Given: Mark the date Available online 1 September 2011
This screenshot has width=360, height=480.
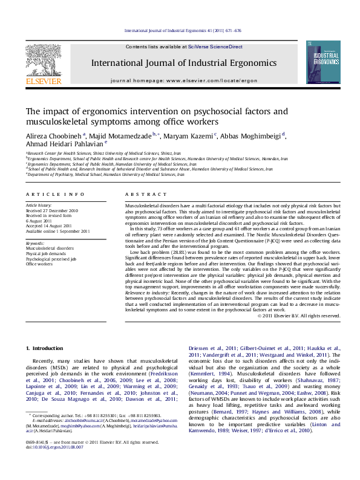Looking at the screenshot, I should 57,232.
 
